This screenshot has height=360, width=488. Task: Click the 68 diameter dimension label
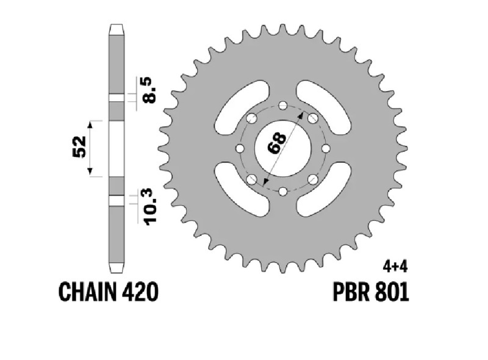277,143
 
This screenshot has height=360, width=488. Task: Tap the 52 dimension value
79,146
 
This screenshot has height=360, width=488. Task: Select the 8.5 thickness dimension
149,90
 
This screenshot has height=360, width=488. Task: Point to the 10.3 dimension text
149,206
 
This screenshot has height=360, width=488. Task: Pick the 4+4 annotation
395,267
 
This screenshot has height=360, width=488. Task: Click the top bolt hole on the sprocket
282,106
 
